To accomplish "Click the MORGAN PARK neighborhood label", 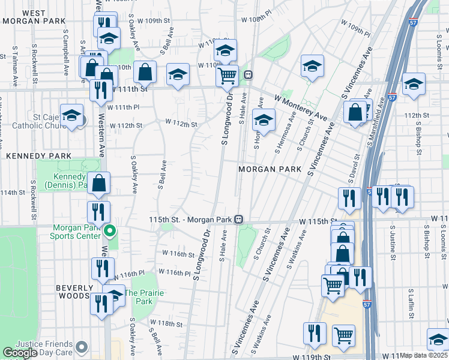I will pos(270,169).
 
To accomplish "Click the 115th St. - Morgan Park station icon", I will pos(239,219).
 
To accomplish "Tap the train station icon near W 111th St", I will pos(247,75).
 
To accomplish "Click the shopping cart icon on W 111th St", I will pos(227,76).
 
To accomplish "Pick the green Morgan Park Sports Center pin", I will pos(110,230).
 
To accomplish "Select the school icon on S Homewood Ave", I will pos(263,119).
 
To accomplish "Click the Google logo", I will pos(20,353).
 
